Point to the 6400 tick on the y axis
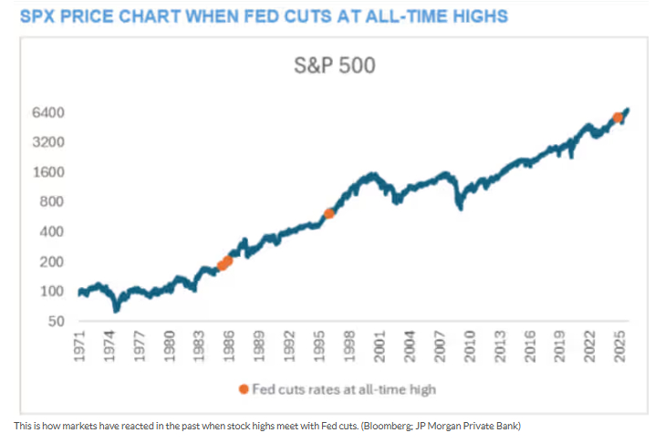point(50,112)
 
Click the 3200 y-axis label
point(50,142)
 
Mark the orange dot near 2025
point(618,117)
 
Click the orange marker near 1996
point(329,213)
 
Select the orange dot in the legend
point(244,389)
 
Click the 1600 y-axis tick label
point(50,172)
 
